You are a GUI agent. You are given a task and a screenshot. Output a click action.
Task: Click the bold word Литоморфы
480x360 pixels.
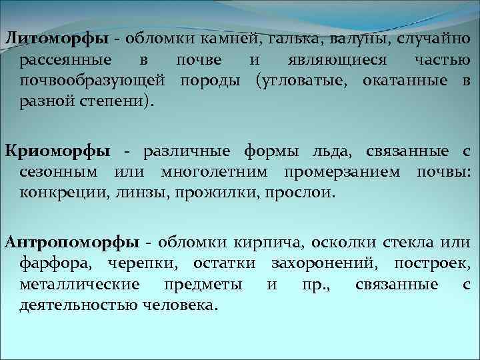click(x=53, y=38)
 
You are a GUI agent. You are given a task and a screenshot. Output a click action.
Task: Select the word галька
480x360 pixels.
click(x=297, y=38)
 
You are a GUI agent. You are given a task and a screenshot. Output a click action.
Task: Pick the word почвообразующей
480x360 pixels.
click(x=92, y=81)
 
